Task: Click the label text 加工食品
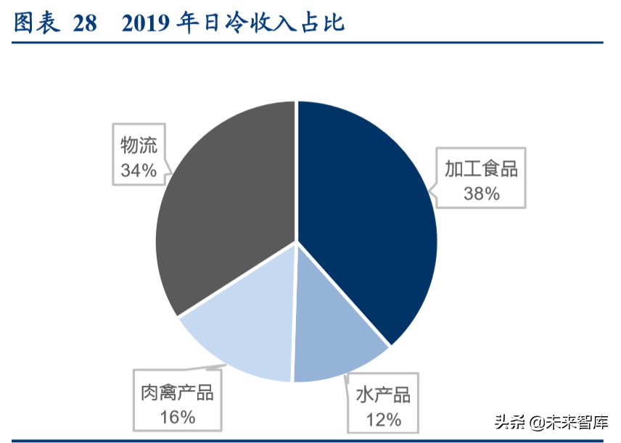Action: pos(481,169)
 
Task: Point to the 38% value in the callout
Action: pos(482,194)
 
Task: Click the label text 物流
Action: pos(139,146)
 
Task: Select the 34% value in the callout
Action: pos(139,170)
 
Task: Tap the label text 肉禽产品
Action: pos(177,392)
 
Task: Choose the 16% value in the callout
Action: pos(177,417)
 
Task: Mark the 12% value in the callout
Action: pos(383,419)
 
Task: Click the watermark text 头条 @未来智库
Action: pos(551,421)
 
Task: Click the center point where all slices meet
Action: pos(296,242)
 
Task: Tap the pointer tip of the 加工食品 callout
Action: pos(429,194)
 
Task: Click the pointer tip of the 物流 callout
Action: pos(171,173)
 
